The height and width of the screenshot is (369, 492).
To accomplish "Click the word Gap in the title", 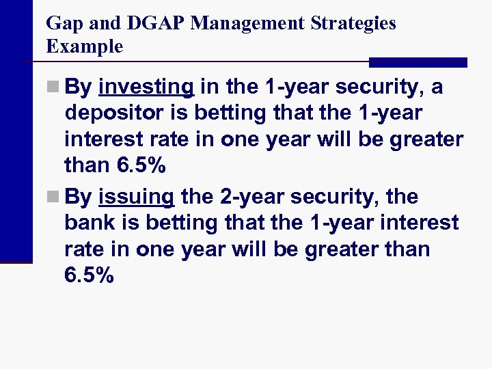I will pyautogui.click(x=62, y=23).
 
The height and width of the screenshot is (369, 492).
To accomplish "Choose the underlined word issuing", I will pyautogui.click(x=137, y=197).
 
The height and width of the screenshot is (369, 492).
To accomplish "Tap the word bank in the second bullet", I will pyautogui.click(x=87, y=223).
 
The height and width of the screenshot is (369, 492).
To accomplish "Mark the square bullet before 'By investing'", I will pyautogui.click(x=54, y=88).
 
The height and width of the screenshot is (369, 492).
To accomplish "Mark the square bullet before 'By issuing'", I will pyautogui.click(x=54, y=197).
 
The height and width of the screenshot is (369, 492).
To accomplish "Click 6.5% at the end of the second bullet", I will pyautogui.click(x=89, y=275).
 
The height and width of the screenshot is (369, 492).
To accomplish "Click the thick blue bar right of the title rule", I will pyautogui.click(x=418, y=62).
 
